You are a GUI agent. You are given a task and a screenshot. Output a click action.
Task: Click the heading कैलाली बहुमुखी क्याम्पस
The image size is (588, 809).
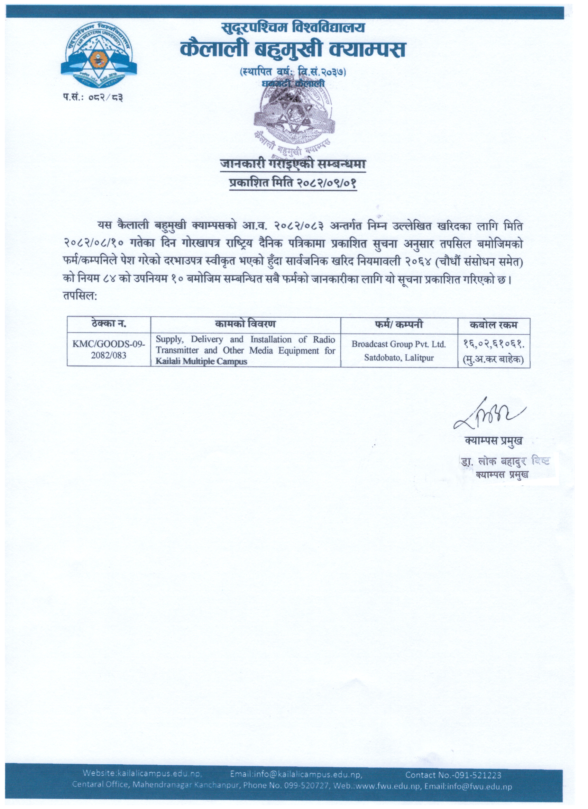pos(293,49)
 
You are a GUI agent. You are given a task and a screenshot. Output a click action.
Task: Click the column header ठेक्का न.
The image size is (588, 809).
pos(108,324)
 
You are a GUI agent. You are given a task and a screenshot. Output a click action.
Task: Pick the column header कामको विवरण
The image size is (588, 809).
pos(245,324)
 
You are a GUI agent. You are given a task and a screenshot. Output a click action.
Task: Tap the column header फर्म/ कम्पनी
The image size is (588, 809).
pos(399,324)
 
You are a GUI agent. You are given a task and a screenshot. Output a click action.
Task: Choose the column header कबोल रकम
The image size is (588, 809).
pos(494,325)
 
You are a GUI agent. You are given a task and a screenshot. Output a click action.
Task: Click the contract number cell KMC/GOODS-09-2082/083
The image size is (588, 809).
pos(108,349)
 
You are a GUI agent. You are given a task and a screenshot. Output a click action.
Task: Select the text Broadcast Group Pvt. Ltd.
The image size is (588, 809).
pos(399,344)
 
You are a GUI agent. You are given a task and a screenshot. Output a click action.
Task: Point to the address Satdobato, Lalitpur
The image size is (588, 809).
pos(399,357)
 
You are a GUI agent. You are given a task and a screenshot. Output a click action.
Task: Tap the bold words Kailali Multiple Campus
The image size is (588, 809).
pos(201,361)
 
